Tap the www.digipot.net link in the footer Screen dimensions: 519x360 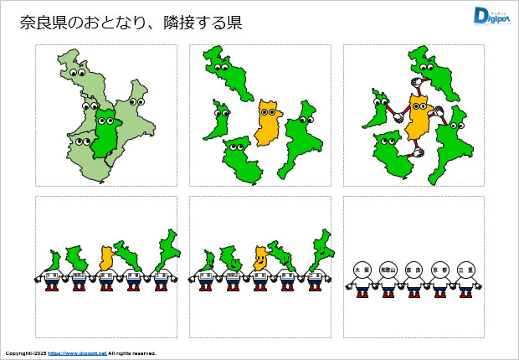click(x=77, y=353)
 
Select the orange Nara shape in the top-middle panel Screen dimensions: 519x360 click(x=270, y=123)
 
